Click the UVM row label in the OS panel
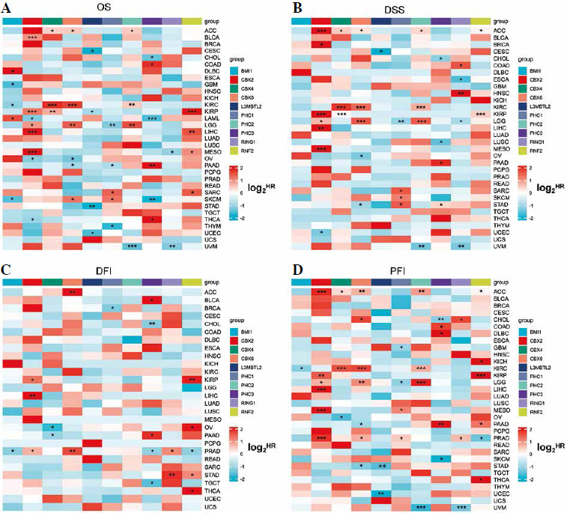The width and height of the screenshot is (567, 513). pos(216,246)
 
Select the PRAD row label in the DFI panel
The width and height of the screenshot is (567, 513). pos(216,452)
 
